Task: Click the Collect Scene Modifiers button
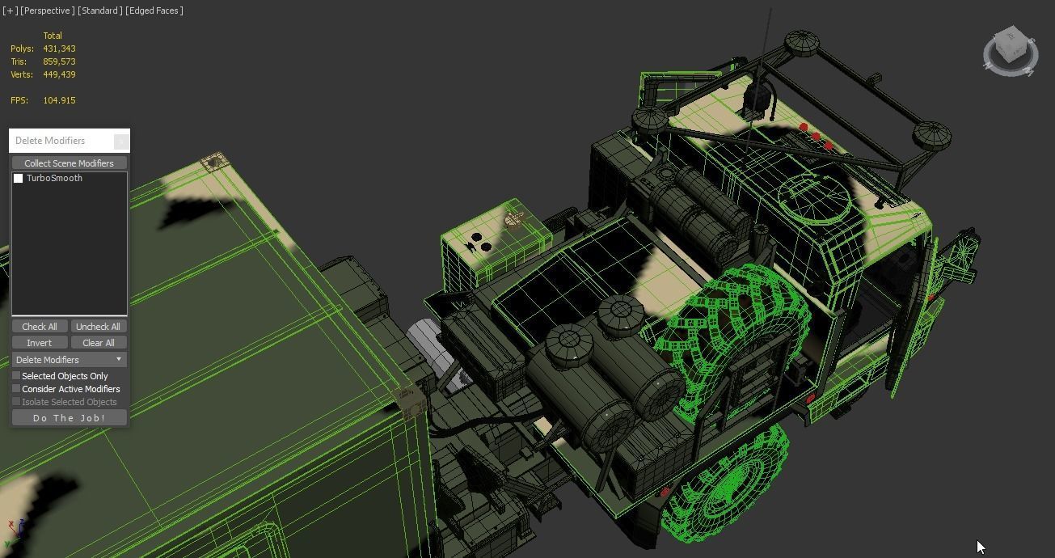(69, 163)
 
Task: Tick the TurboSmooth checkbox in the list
(19, 179)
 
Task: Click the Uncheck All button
(98, 327)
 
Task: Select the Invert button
(39, 343)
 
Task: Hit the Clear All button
(98, 343)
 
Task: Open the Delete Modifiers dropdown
(69, 360)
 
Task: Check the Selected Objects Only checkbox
(16, 376)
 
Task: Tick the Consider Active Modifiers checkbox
(16, 389)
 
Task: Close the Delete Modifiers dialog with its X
(120, 142)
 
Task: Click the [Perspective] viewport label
(48, 11)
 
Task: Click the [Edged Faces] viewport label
(154, 11)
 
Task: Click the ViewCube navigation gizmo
(1010, 50)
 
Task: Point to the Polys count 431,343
(59, 49)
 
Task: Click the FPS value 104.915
(59, 100)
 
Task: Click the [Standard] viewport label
(100, 11)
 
